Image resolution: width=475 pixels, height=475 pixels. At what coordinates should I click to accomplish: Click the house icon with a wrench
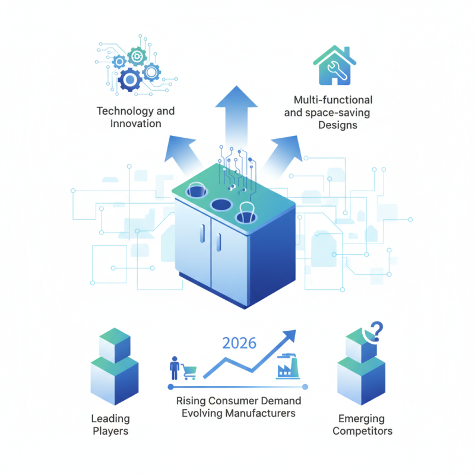[334, 65]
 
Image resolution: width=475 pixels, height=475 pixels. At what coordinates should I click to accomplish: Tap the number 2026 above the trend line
[239, 343]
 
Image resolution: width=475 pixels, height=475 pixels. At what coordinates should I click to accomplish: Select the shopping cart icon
[189, 372]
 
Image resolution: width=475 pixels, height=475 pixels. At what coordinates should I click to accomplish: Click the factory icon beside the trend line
[288, 366]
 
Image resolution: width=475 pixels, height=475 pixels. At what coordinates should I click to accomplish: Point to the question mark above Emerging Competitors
[377, 331]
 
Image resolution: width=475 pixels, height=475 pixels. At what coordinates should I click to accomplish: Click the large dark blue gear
[130, 80]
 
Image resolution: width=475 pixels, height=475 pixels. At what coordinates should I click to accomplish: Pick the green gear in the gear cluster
[137, 56]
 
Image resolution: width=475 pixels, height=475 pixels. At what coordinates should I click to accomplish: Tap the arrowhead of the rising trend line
[290, 335]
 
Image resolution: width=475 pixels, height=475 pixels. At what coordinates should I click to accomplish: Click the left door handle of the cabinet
[202, 233]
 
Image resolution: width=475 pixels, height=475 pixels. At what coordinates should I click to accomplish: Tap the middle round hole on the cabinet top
[221, 205]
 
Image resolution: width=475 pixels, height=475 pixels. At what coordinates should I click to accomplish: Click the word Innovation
[136, 123]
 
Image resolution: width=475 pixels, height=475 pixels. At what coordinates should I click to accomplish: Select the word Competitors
[362, 431]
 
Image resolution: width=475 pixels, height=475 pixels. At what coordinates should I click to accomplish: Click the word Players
[110, 432]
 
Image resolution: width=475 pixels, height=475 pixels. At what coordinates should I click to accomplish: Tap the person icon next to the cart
[175, 368]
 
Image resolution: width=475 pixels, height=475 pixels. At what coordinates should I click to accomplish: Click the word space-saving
[337, 113]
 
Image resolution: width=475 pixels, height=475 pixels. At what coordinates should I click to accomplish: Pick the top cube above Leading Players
[115, 345]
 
